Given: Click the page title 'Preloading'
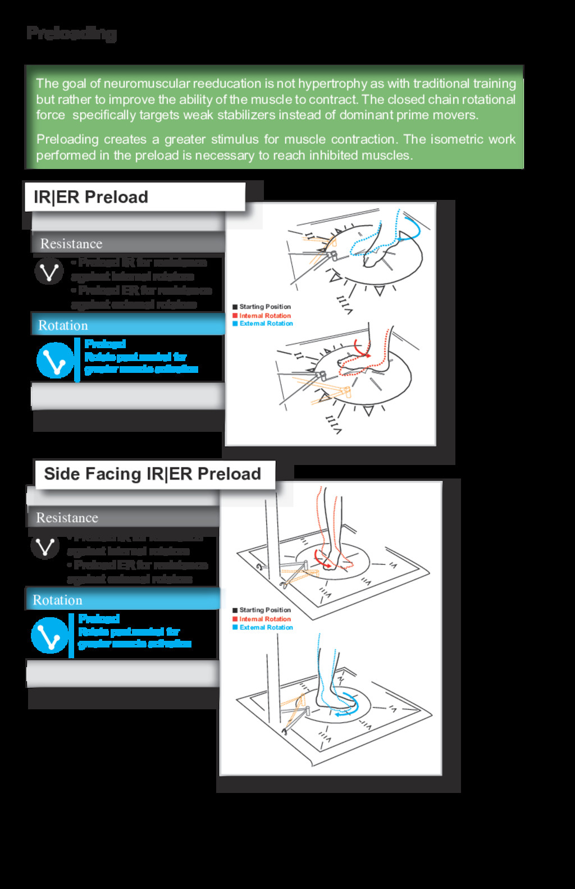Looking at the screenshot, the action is click(71, 33).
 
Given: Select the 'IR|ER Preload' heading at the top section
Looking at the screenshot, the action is click(91, 197).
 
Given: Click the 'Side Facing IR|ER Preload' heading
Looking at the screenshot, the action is click(152, 474).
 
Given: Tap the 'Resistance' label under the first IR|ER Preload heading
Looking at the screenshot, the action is click(71, 244).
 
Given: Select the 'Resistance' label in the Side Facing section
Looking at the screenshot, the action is click(67, 518).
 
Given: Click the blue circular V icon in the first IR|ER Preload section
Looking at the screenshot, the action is click(55, 360).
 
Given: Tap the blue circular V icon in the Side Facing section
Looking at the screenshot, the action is click(49, 635).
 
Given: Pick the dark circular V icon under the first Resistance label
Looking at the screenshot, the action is click(49, 271).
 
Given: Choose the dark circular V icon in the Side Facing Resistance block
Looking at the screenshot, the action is click(45, 546).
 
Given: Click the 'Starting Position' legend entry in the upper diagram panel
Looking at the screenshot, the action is click(264, 307).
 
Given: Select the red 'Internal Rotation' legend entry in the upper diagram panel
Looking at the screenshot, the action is click(264, 316).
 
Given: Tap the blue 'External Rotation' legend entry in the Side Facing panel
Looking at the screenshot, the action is click(266, 627).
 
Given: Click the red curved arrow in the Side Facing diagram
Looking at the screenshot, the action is click(320, 559).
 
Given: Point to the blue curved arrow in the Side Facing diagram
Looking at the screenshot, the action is click(348, 705).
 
